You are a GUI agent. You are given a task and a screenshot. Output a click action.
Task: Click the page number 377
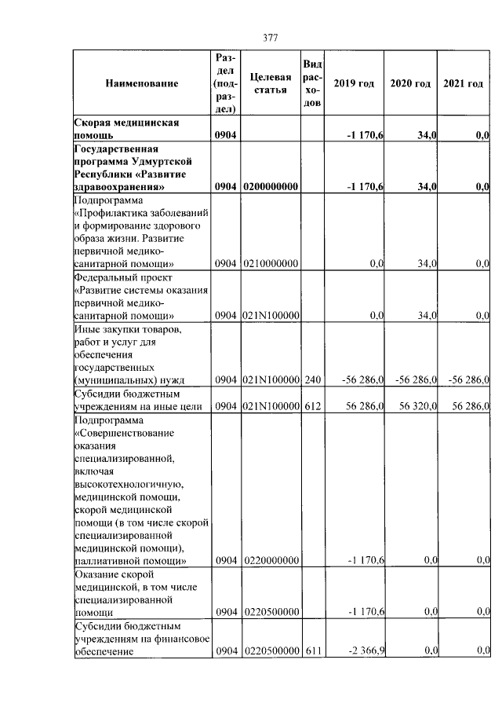pyautogui.click(x=271, y=38)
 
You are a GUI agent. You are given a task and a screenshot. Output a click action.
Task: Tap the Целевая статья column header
pyautogui.click(x=271, y=83)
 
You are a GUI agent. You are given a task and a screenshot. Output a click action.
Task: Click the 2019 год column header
pyautogui.click(x=354, y=83)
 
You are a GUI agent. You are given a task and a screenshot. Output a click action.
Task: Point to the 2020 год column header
pyautogui.click(x=411, y=83)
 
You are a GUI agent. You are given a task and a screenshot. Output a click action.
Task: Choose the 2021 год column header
pyautogui.click(x=464, y=83)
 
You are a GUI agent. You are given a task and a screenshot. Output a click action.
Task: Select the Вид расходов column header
pyautogui.click(x=312, y=83)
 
